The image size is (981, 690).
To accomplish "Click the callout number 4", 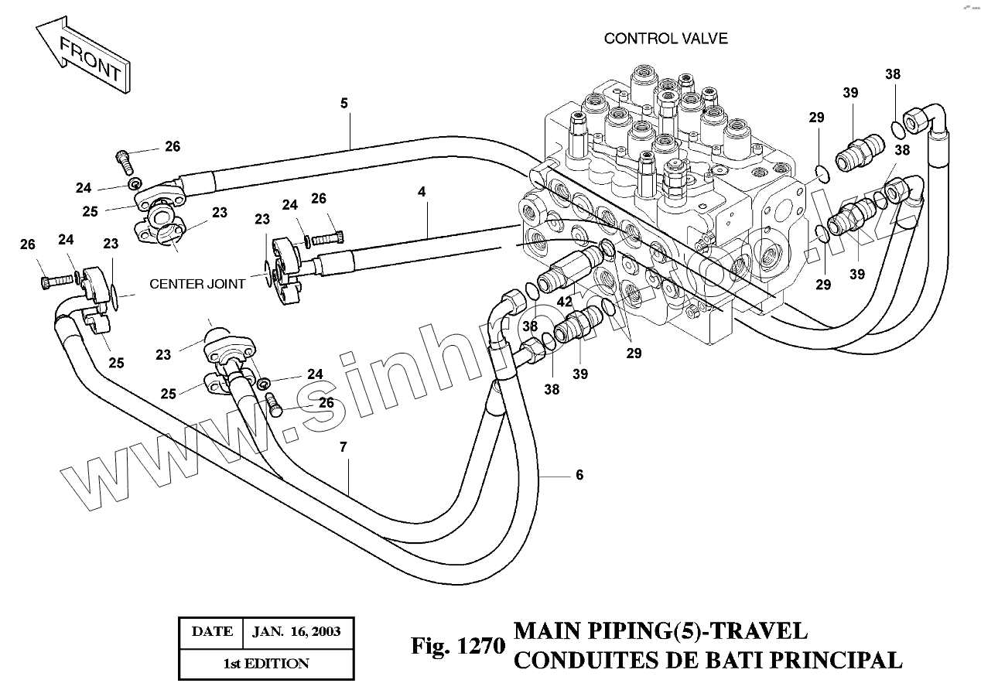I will click(x=422, y=190).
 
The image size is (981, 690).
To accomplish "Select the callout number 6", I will click(x=579, y=475).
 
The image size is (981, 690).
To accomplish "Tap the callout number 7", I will click(x=343, y=447).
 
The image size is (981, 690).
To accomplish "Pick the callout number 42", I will click(x=565, y=302).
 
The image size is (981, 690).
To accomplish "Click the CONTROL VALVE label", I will click(x=665, y=39).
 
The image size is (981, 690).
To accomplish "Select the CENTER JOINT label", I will click(x=197, y=284).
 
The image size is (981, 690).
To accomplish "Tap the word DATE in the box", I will click(x=212, y=631).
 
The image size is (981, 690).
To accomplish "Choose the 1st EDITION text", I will click(x=266, y=664).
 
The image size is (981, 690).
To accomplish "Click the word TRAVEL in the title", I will click(x=759, y=631).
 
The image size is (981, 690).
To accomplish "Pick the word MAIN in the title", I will click(x=545, y=631).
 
